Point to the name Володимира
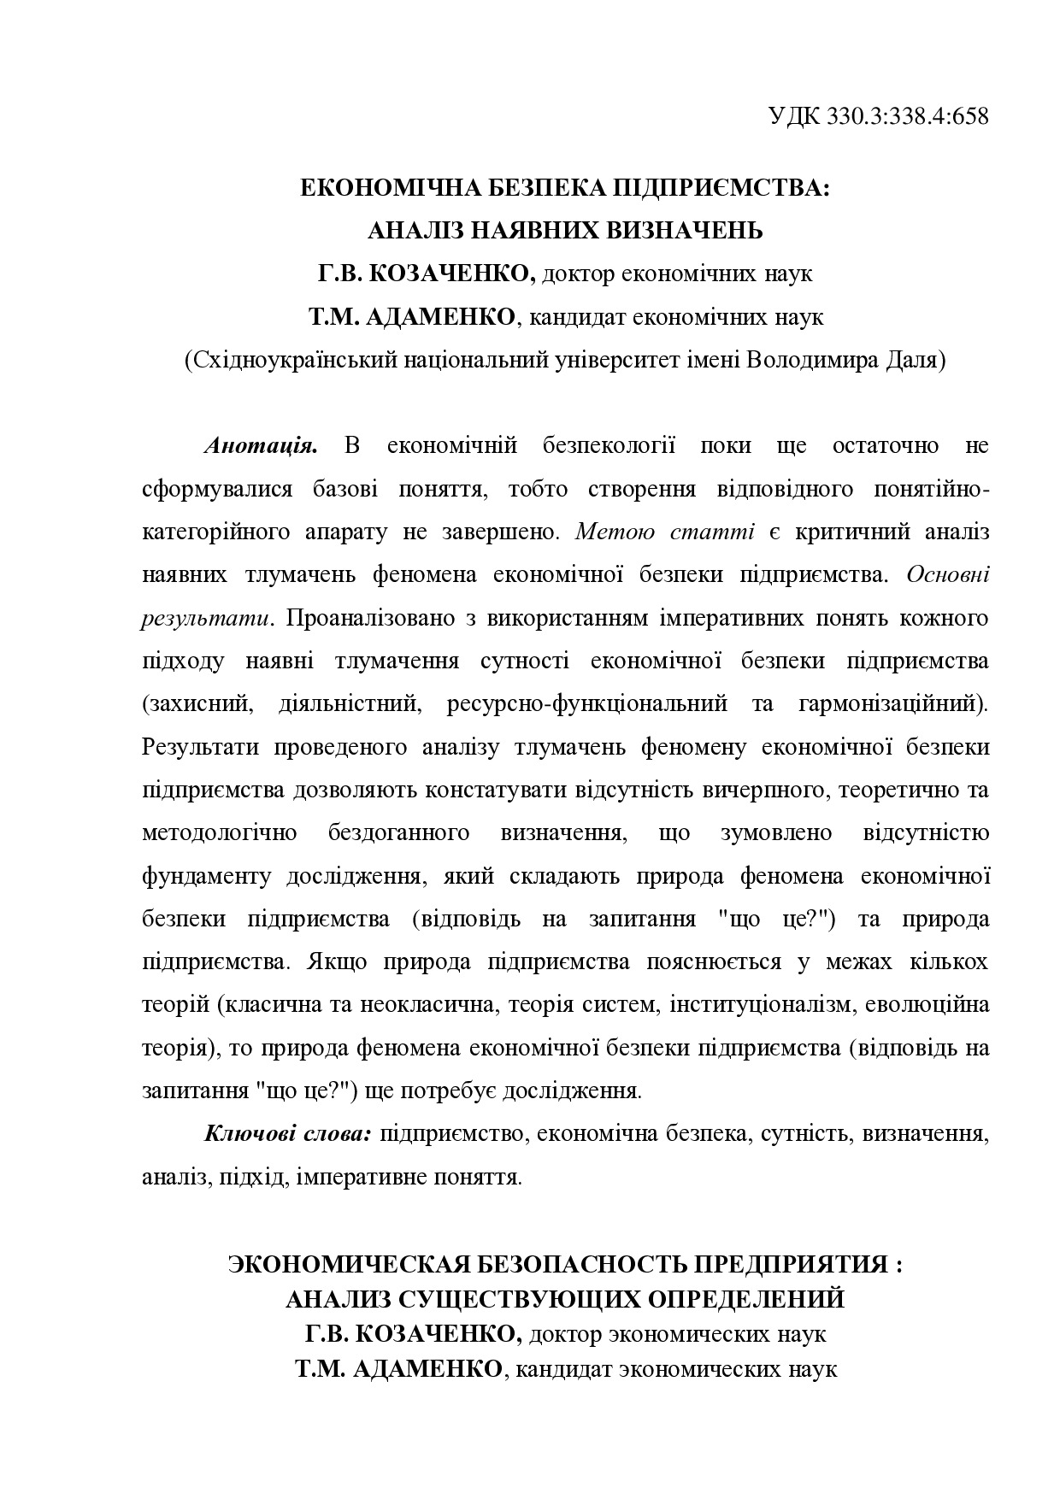coord(812,360)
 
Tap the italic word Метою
coord(615,532)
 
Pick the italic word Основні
coord(947,575)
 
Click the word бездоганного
coord(398,833)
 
